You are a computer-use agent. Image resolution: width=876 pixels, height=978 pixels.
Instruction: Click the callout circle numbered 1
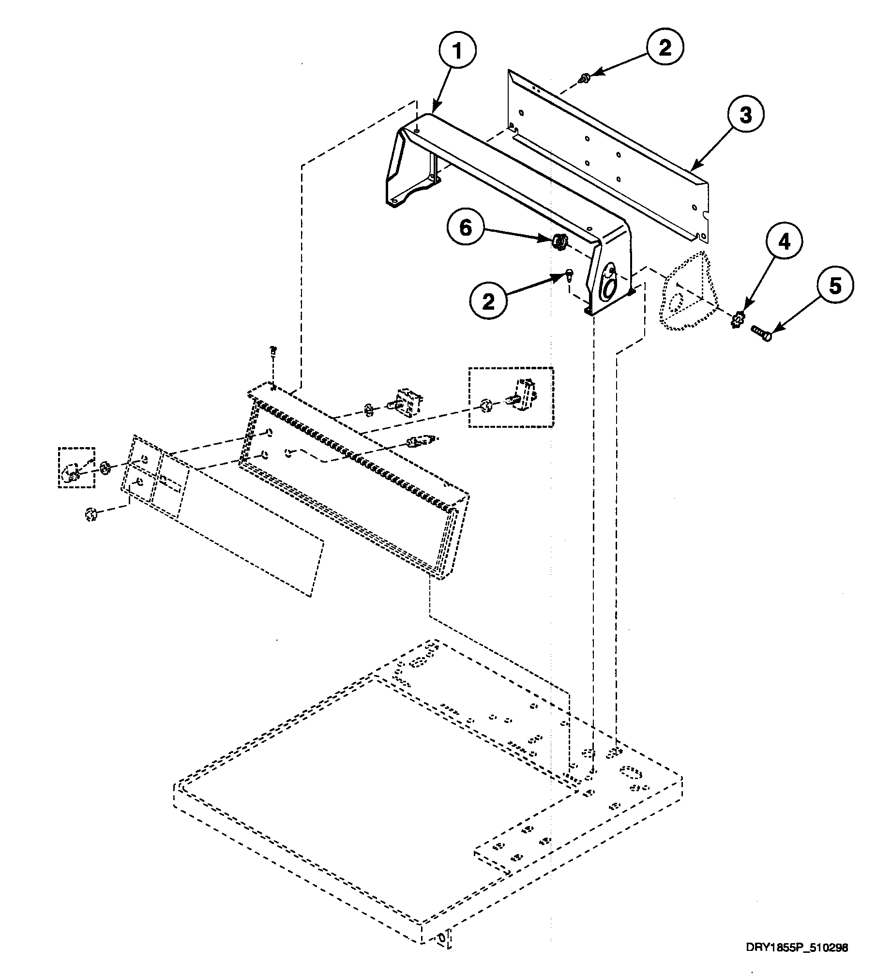457,50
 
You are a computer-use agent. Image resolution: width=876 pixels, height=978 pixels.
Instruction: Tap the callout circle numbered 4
784,241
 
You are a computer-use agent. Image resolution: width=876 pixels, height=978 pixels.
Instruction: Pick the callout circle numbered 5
835,286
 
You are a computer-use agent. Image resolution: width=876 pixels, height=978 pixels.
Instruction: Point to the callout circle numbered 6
465,227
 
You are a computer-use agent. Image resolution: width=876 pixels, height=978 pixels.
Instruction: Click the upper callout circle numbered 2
665,48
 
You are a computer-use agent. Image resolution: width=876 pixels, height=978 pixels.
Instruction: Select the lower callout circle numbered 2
489,302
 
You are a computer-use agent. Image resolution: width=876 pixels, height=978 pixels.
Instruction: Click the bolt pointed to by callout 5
760,333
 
